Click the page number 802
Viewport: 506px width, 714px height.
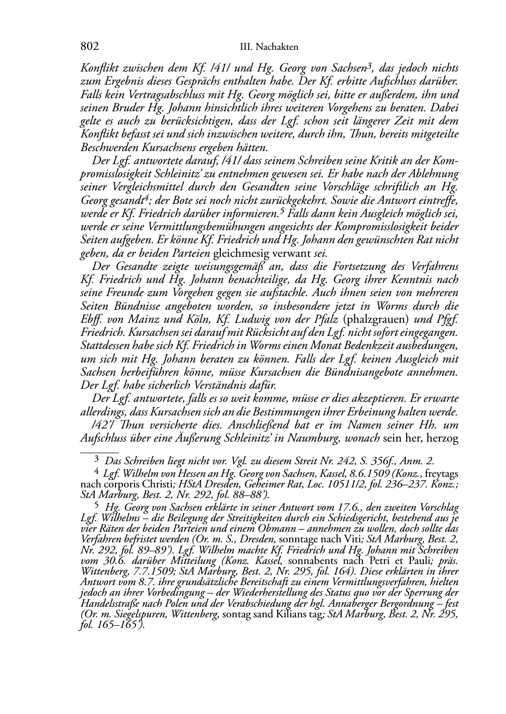(x=89, y=47)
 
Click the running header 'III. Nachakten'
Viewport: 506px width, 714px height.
(x=269, y=47)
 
